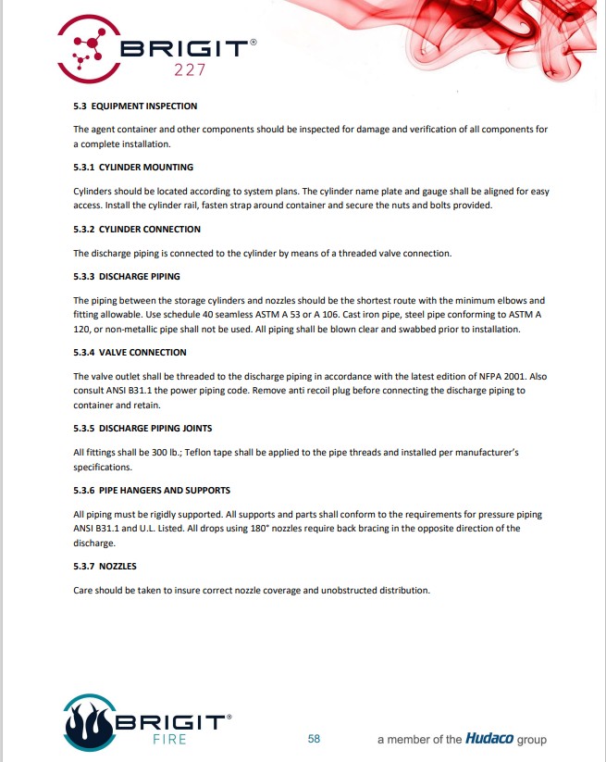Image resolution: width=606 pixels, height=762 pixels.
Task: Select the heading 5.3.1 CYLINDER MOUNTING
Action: point(133,168)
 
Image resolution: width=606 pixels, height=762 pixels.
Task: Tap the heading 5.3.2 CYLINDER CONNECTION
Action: point(137,229)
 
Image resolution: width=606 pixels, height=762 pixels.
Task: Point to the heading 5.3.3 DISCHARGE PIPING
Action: point(127,276)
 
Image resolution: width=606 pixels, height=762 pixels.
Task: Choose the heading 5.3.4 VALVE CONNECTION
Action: point(130,352)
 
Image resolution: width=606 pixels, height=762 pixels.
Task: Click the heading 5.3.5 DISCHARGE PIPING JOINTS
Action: point(142,428)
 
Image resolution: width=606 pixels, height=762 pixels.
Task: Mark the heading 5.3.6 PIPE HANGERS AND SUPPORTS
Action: point(152,490)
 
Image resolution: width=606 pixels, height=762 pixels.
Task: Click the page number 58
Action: point(314,739)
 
